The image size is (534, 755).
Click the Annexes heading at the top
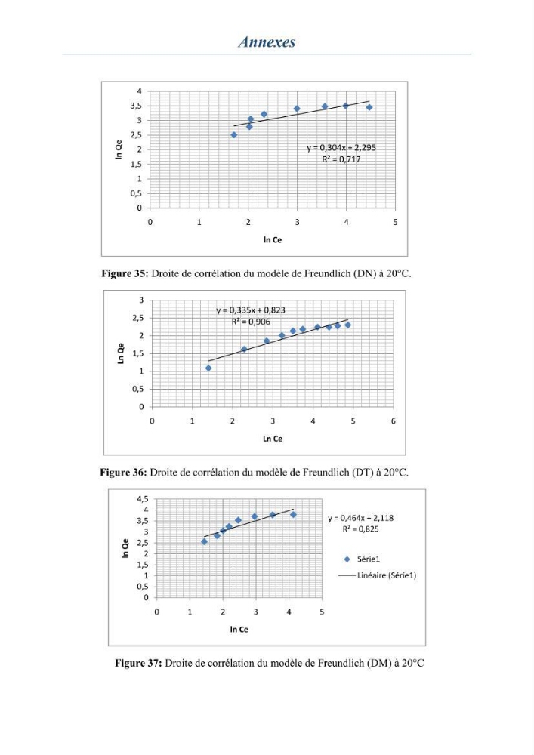click(x=267, y=42)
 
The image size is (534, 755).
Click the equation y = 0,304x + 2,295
click(x=341, y=148)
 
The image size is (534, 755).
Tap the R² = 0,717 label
click(x=341, y=159)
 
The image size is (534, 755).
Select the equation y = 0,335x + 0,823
click(x=251, y=310)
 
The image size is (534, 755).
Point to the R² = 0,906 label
click(x=251, y=322)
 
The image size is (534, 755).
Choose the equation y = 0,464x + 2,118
click(x=360, y=518)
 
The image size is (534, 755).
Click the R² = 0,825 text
click(x=360, y=528)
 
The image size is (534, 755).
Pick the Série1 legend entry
click(x=362, y=559)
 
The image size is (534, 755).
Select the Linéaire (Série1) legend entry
click(x=378, y=575)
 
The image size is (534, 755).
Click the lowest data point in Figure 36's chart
click(x=208, y=368)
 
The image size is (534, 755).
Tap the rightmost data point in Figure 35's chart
click(x=369, y=107)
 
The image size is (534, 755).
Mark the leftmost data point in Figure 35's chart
click(x=234, y=135)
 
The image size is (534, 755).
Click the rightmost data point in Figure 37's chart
click(x=293, y=515)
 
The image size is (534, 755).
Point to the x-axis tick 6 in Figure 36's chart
click(x=394, y=421)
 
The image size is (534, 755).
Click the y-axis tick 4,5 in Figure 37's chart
click(x=143, y=499)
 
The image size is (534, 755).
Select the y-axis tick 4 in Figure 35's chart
click(x=140, y=91)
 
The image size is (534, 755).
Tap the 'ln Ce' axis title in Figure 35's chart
click(x=273, y=240)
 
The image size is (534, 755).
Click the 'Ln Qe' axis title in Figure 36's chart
click(x=121, y=353)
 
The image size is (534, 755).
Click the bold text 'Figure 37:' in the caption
click(x=138, y=663)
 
